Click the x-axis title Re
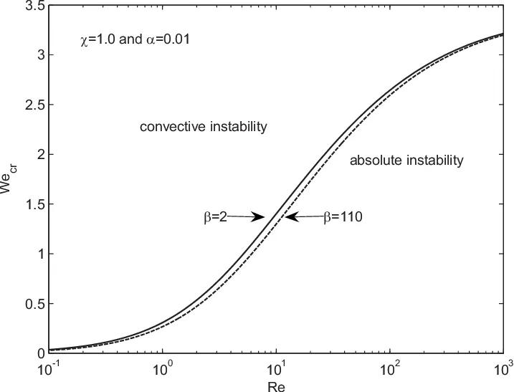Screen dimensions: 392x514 (x=275, y=385)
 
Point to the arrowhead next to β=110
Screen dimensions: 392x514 (x=289, y=216)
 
